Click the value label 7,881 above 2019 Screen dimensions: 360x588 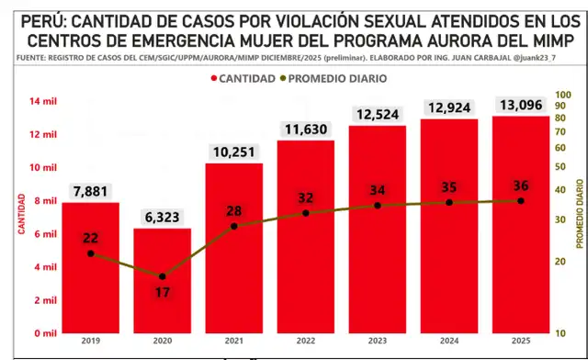point(91,192)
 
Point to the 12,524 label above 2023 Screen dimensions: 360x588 point(378,115)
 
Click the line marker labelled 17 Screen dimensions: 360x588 point(163,276)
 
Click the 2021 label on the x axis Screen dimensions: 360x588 point(234,343)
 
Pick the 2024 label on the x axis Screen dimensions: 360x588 point(448,343)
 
